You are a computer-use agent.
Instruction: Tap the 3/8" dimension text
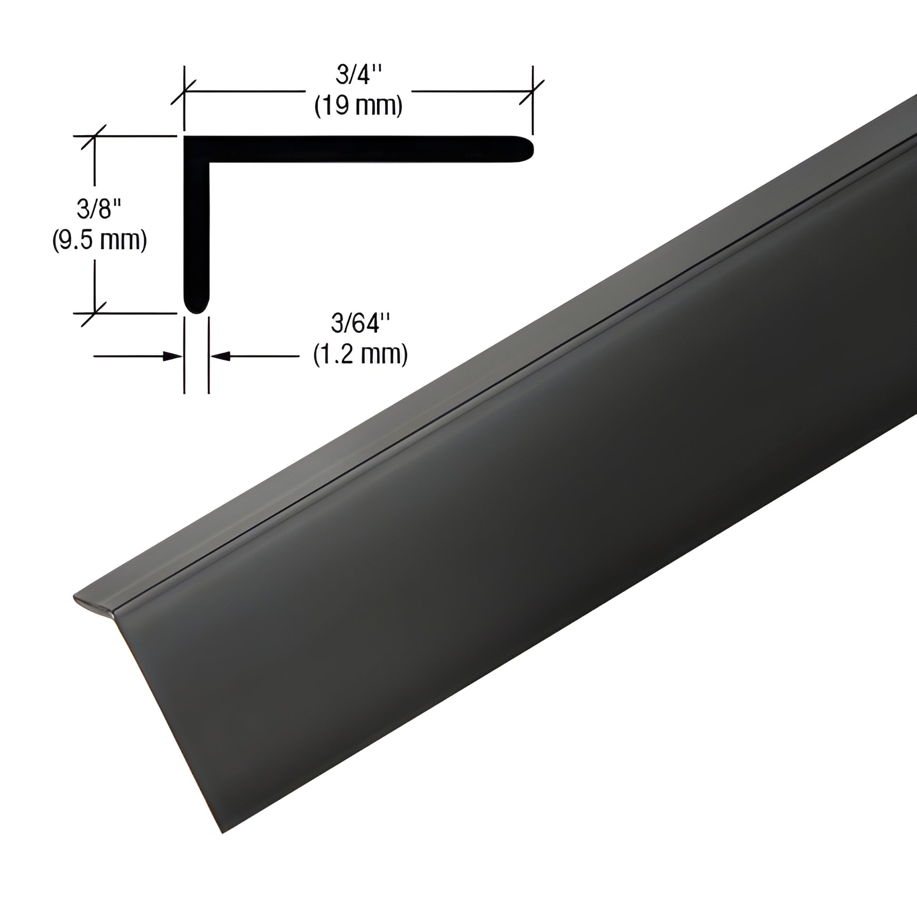99,209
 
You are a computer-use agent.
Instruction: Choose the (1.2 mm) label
361,355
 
